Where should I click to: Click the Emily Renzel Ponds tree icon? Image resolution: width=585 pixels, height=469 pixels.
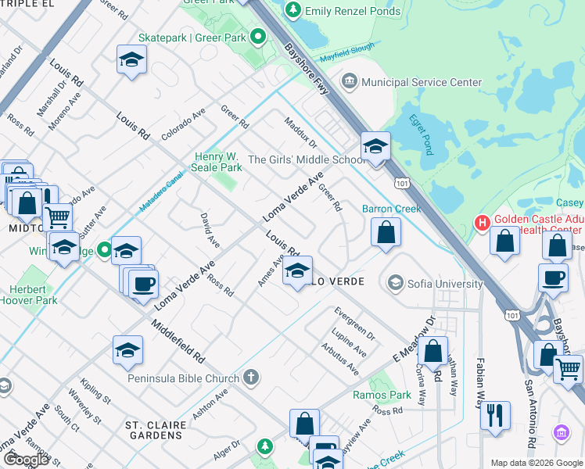coord(293,10)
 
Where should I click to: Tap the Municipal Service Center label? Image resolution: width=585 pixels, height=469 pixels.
coord(422,82)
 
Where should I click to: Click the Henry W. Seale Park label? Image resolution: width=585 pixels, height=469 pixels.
coord(218,162)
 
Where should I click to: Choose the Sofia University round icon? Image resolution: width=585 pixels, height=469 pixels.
coord(396,282)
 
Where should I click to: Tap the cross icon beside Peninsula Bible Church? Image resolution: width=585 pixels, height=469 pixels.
coord(250,378)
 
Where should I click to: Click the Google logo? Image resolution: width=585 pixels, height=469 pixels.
coord(26,459)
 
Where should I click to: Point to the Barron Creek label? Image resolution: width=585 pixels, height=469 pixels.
coord(392,209)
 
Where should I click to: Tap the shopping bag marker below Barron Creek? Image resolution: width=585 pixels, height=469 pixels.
coord(386,233)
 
